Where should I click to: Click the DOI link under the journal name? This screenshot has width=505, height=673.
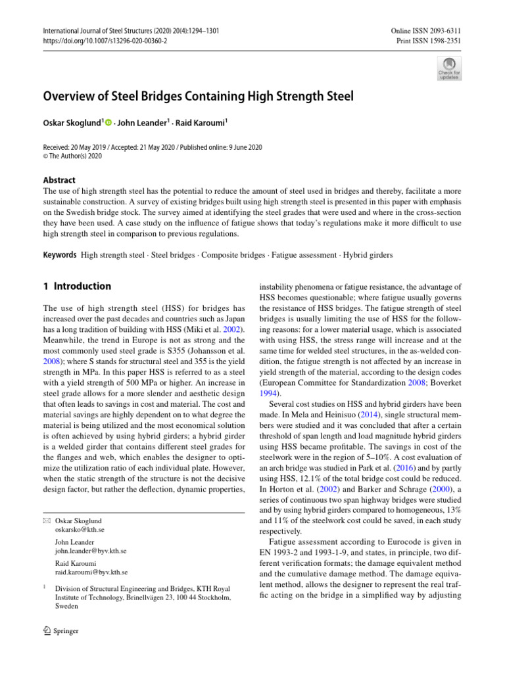click(105, 40)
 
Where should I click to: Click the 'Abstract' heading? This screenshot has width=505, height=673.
click(59, 180)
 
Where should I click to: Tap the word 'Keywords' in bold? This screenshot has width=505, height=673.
click(60, 254)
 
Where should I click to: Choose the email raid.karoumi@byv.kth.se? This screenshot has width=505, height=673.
click(92, 572)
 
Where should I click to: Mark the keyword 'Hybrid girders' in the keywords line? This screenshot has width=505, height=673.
click(372, 254)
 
